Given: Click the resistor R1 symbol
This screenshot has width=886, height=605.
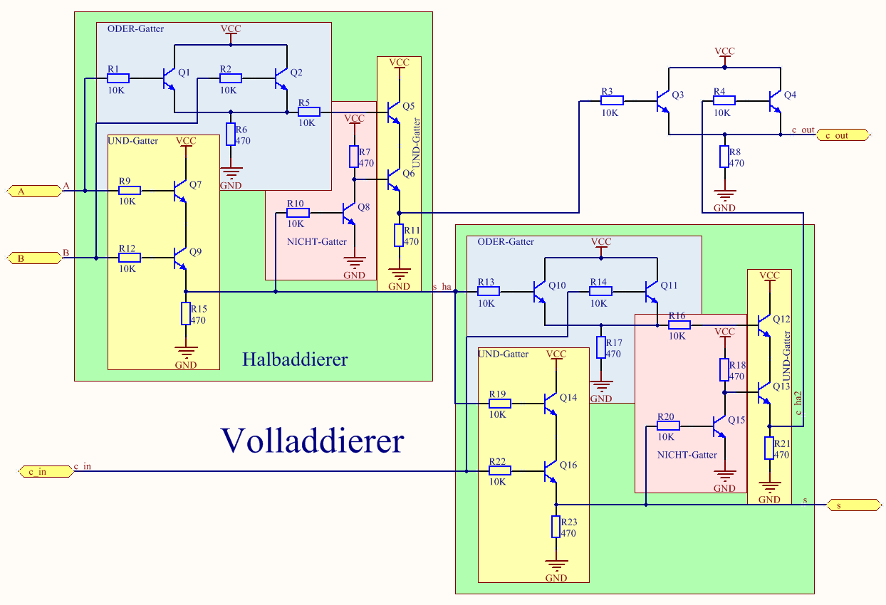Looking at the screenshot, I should (x=118, y=78).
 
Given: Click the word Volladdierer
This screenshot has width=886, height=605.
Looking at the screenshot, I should (x=312, y=441).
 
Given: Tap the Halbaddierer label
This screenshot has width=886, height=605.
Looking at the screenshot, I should (x=295, y=359).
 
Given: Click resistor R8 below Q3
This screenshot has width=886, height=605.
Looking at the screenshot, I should (x=724, y=157).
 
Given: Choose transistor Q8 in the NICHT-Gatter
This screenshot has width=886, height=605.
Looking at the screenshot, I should (x=348, y=212).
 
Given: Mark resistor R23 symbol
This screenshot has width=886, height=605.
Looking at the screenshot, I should (x=556, y=527).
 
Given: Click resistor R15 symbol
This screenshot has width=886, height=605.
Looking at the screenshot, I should (x=186, y=314).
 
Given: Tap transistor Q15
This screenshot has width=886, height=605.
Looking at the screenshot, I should (x=719, y=426).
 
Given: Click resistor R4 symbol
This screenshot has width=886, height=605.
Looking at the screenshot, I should (x=724, y=100).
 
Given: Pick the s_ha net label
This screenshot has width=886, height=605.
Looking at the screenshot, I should (x=442, y=287).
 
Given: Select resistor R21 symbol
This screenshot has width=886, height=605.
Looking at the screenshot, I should (x=769, y=448).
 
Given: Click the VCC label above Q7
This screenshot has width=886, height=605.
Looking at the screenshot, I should (x=186, y=142).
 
